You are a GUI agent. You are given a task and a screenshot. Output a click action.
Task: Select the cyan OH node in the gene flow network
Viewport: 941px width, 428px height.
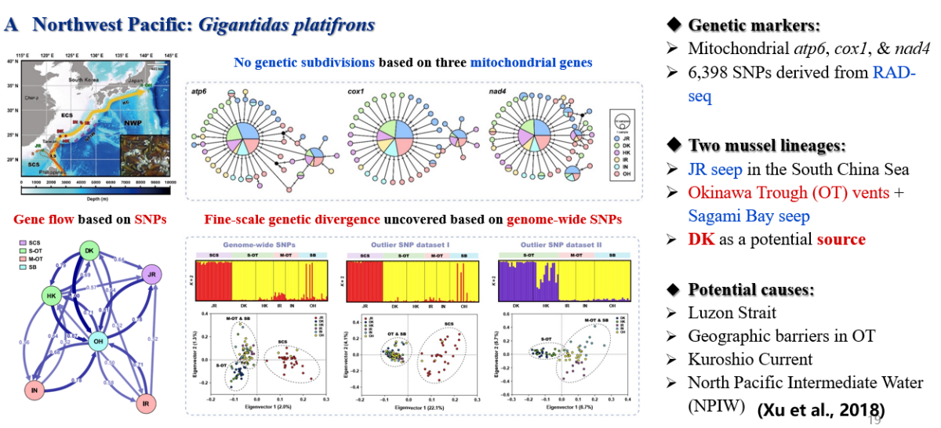tap(98, 341)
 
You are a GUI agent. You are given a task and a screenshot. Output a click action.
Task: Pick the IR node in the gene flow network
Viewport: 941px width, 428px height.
tap(144, 404)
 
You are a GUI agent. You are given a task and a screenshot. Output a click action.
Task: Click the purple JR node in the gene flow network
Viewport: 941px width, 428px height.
tap(154, 274)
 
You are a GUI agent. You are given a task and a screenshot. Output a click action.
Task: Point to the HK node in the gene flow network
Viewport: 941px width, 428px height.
tap(53, 296)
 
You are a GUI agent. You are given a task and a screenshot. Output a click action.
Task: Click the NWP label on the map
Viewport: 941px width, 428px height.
tap(129, 122)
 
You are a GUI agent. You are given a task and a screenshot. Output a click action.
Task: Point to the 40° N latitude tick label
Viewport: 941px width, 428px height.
tap(11, 61)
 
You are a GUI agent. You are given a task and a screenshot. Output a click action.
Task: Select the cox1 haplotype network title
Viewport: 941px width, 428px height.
tap(356, 92)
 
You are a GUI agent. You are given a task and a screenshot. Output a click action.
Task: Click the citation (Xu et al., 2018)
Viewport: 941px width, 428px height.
tap(820, 409)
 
